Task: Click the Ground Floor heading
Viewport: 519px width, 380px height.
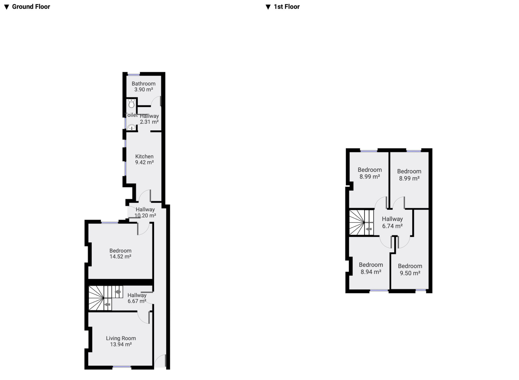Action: (27, 7)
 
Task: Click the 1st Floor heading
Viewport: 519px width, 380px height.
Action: (283, 7)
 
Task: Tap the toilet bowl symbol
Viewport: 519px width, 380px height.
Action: (132, 103)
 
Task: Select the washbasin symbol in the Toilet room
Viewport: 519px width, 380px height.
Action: (132, 127)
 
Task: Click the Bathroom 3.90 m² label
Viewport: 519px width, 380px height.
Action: (144, 87)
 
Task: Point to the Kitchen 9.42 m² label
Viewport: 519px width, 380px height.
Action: (144, 159)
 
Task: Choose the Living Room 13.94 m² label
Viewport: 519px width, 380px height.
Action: (121, 341)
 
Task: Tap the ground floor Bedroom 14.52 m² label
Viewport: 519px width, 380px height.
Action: (120, 254)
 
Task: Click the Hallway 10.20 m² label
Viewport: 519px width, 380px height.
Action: (145, 212)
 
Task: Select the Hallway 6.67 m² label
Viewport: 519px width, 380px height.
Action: (137, 298)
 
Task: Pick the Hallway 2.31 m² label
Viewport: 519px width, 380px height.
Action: (149, 119)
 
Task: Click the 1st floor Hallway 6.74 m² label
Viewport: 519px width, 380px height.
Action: (392, 222)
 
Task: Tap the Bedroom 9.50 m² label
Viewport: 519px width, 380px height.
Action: (410, 270)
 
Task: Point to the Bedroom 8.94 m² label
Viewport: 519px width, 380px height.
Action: (371, 268)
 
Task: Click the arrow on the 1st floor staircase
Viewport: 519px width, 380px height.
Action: (369, 229)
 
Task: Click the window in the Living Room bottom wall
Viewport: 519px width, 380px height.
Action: (122, 367)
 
